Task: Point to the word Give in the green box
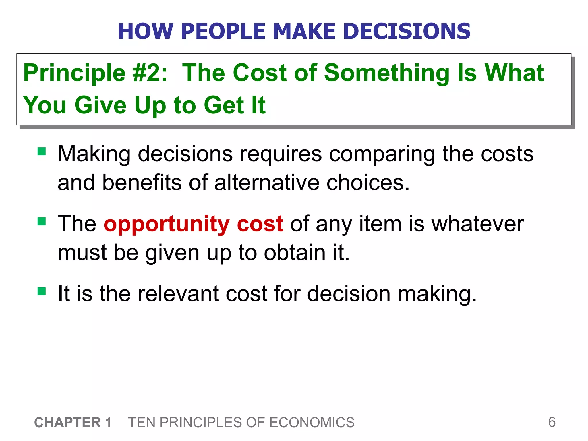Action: pos(100,105)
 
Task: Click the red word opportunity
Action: pos(166,224)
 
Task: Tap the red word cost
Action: pos(260,224)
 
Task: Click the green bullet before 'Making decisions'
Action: pos(42,151)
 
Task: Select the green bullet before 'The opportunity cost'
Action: pos(42,221)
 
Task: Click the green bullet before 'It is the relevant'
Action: pos(42,291)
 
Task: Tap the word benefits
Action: pos(142,183)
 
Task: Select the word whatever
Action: pos(478,224)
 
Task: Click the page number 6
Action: pos(552,422)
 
